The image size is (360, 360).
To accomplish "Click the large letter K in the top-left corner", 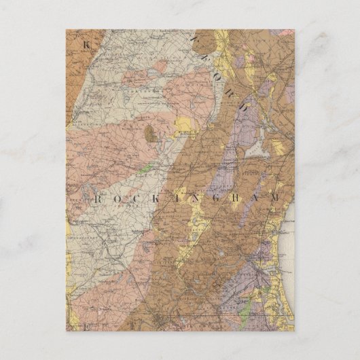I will point(86,45).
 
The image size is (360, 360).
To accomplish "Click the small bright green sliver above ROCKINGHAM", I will point(145,170).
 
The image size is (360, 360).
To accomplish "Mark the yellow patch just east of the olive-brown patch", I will point(182,124).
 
